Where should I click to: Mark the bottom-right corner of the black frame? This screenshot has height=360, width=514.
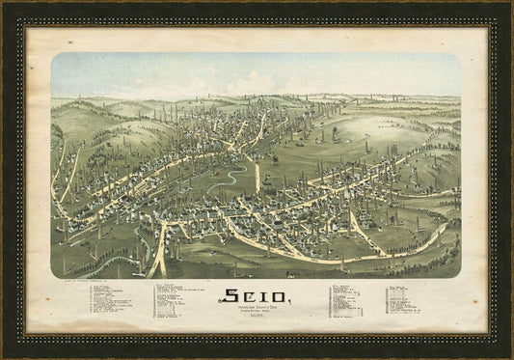point(510,356)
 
